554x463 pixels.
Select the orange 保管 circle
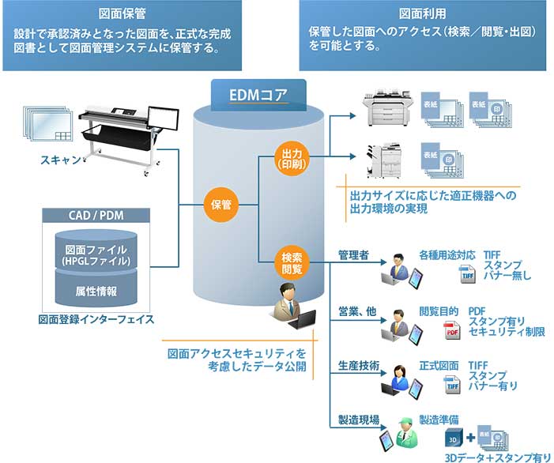point(220,205)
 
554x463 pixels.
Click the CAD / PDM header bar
point(92,214)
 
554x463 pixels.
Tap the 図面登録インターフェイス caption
point(92,320)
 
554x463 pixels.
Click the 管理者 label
point(353,256)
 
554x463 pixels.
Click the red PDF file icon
point(451,332)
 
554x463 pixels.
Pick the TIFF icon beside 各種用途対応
point(467,275)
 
